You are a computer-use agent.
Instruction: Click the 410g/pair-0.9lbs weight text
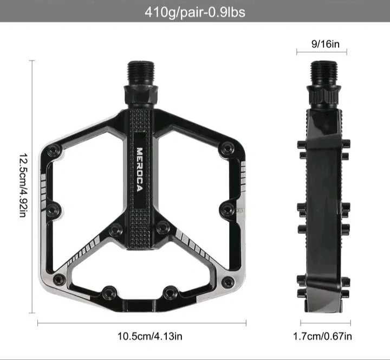195,11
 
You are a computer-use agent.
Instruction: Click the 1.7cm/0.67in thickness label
322,336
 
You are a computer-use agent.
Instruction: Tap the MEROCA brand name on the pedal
139,169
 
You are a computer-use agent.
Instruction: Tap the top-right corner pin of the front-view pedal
227,147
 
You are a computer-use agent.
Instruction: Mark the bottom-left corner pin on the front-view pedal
58,280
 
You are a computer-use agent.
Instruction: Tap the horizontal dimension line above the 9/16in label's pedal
322,53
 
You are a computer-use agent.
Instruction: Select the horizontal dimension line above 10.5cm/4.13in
142,323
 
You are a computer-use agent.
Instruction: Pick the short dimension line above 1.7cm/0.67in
322,323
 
